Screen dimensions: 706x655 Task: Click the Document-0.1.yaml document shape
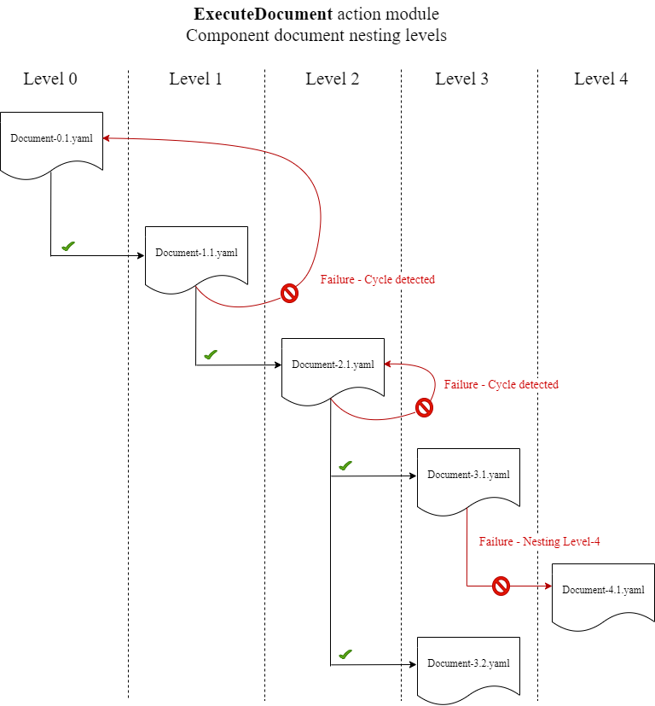click(51, 141)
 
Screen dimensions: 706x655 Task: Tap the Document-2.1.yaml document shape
click(333, 366)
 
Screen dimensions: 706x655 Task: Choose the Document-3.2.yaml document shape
click(468, 665)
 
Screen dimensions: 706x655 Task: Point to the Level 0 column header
click(50, 79)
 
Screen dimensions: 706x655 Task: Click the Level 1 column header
click(195, 79)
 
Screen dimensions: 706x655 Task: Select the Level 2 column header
click(332, 79)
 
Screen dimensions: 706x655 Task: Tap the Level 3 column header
click(461, 79)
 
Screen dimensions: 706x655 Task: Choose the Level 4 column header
click(600, 79)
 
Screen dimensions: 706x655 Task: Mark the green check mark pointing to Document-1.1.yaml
click(68, 246)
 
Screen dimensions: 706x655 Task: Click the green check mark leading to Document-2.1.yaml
click(211, 354)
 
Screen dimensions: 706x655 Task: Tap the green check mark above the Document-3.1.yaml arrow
click(345, 465)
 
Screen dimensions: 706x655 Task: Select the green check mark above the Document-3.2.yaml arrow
click(345, 654)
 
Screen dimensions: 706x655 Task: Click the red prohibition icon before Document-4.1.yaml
click(501, 586)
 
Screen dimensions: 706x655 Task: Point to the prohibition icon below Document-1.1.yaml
click(290, 294)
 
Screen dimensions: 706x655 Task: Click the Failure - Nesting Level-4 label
click(539, 542)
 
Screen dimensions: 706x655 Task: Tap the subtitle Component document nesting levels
click(316, 36)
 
